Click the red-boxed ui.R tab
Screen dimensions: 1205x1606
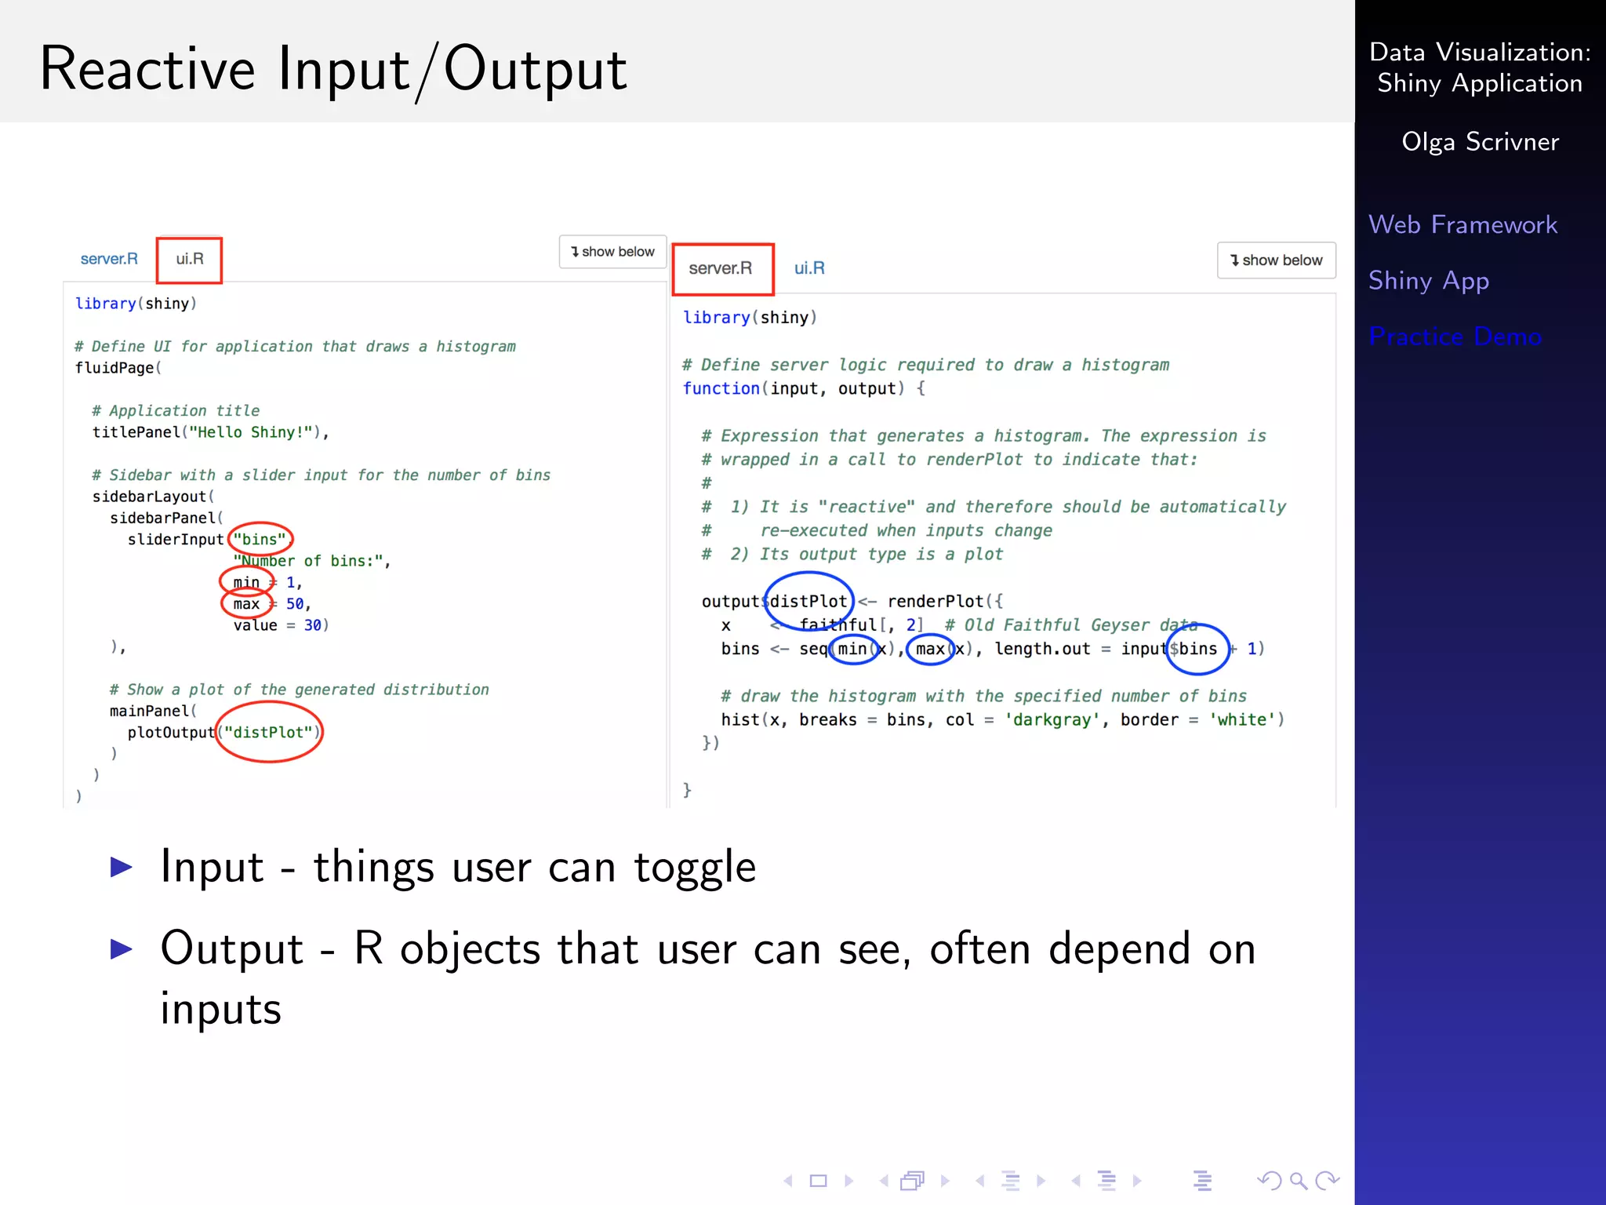click(x=189, y=260)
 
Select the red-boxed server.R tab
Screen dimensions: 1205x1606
click(x=721, y=268)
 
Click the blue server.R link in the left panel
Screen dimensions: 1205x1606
click(x=109, y=260)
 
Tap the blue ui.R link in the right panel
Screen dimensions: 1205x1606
click(x=809, y=268)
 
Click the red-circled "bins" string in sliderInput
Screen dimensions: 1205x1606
click(x=260, y=540)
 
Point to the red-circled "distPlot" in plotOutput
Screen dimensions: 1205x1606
click(x=268, y=733)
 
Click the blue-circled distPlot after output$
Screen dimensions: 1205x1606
click(x=808, y=602)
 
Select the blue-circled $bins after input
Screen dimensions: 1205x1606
click(x=1195, y=649)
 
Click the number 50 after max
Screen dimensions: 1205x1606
click(x=295, y=604)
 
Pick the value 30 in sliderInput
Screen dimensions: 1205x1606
click(x=313, y=625)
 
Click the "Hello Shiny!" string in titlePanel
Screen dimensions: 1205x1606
click(x=254, y=432)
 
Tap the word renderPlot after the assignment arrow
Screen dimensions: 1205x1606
click(x=935, y=602)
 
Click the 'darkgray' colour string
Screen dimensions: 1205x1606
click(x=1052, y=719)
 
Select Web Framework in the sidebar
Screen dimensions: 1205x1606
click(x=1462, y=225)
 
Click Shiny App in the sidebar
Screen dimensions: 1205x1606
click(x=1428, y=281)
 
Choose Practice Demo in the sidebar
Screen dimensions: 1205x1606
click(x=1455, y=337)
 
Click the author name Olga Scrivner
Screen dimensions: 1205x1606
click(x=1480, y=142)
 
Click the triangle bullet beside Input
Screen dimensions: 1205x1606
click(x=122, y=867)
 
